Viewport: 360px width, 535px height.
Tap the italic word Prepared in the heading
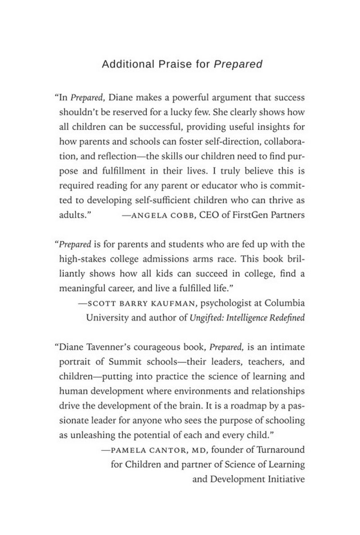(238, 64)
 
